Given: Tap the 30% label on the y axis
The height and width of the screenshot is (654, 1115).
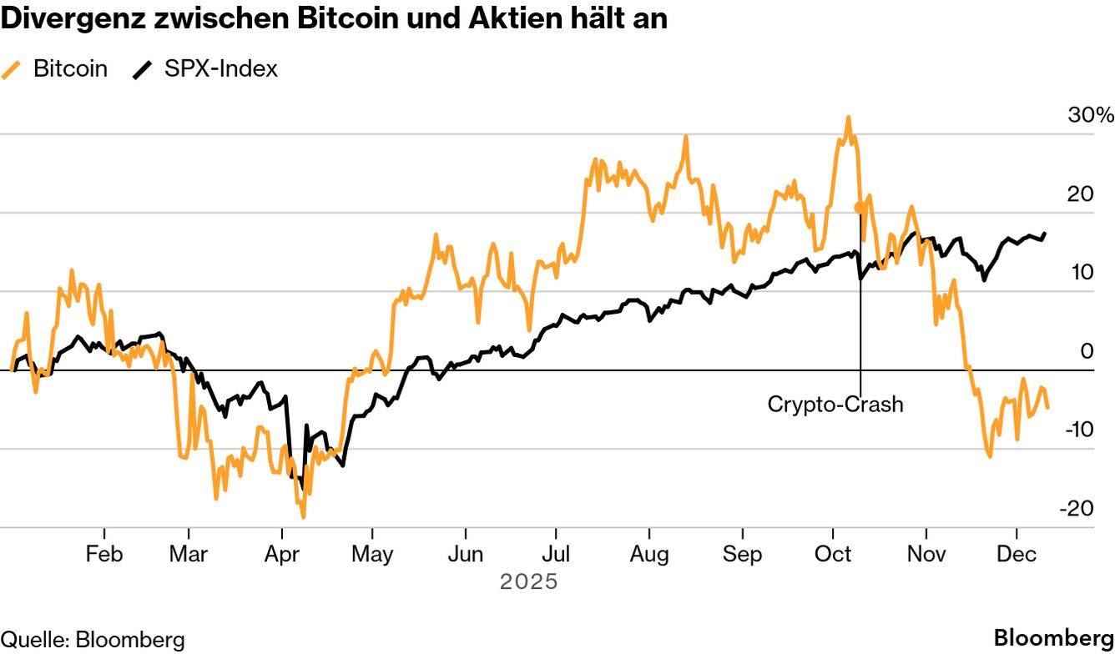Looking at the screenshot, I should pos(1090,116).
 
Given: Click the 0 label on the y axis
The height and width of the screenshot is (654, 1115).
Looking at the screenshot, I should pos(1087,351).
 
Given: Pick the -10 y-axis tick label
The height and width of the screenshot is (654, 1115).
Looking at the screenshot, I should pos(1079,430).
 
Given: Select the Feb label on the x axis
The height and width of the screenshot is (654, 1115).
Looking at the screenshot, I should pos(104,555).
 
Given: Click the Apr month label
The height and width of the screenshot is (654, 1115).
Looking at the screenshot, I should pos(281,555).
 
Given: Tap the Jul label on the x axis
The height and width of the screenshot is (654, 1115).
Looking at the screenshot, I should pos(556,555).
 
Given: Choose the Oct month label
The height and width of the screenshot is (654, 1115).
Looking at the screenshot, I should pos(833,555).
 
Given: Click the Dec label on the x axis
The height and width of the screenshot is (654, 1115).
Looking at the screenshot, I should pos(1016,555).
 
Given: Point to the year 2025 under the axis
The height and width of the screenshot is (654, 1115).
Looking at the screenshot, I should pos(528,581).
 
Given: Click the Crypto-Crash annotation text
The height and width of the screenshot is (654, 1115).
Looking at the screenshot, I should pos(835,405).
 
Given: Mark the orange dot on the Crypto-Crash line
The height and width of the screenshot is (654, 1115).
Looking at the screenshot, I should pos(859,207).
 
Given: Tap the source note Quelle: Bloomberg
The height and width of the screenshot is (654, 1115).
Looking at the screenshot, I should pos(93,640).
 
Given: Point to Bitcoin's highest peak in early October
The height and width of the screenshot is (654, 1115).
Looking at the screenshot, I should pos(848,118).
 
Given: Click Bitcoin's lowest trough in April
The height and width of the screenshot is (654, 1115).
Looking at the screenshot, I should pos(303,516).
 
